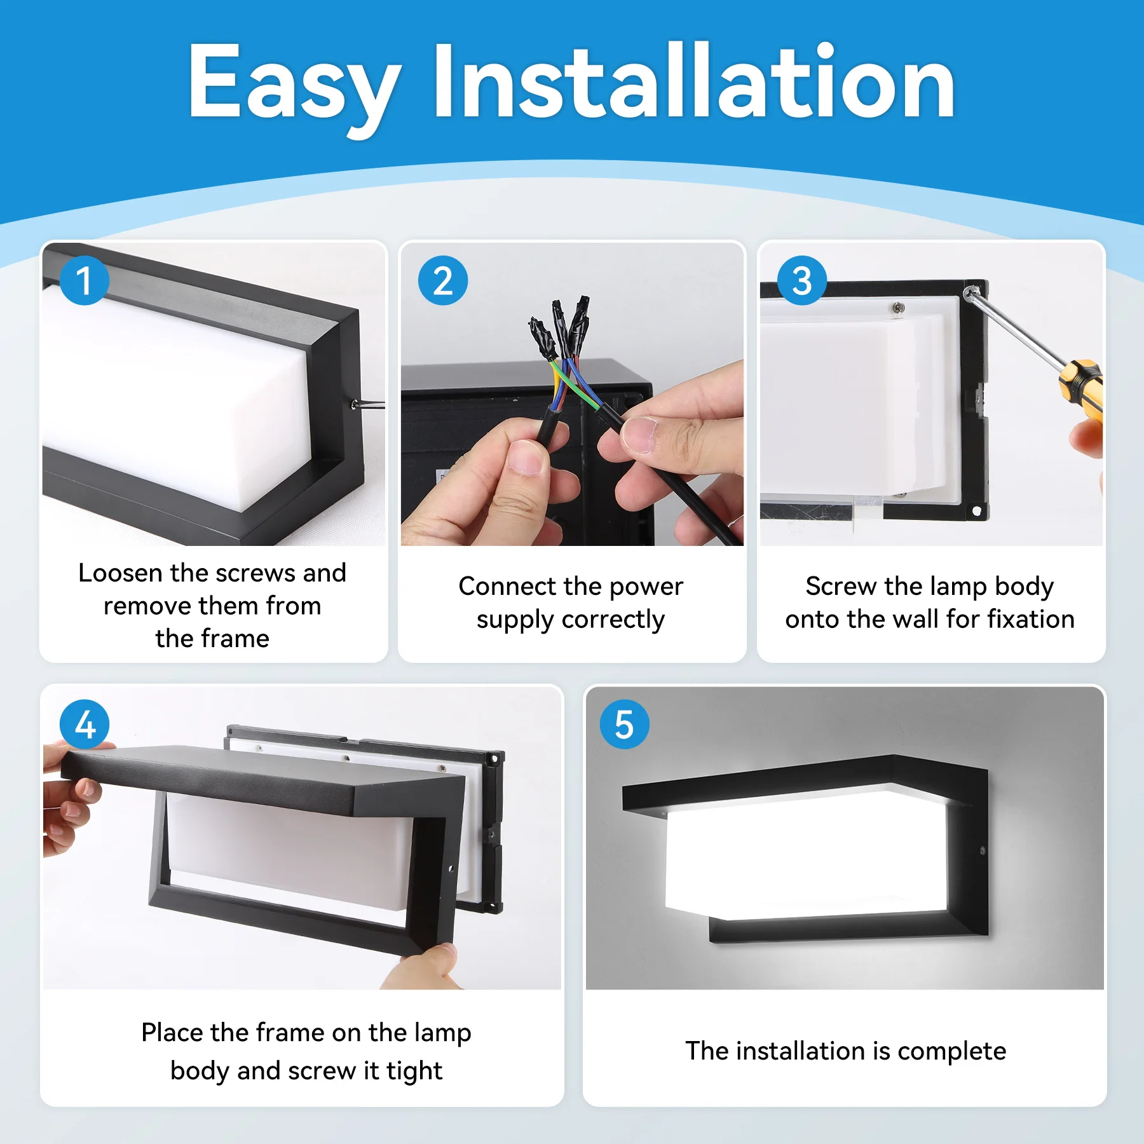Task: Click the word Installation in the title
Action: (693, 83)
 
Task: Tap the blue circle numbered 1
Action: (85, 280)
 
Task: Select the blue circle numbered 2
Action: (443, 280)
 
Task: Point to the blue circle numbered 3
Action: (802, 280)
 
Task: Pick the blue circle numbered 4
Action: (85, 724)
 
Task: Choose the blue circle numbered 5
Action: (624, 724)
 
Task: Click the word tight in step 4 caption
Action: (414, 1071)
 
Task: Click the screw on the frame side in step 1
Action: (353, 404)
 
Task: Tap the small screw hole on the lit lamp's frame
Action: (983, 850)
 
